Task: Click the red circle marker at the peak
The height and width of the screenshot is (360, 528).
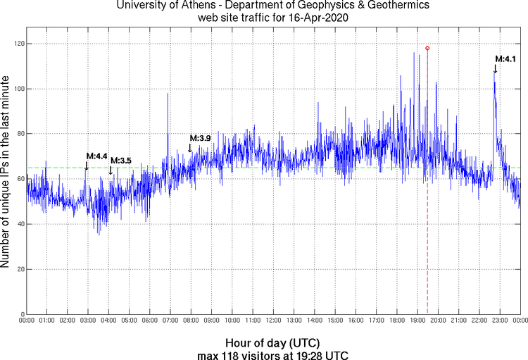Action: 427,48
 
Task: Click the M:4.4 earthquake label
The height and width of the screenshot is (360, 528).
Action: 96,156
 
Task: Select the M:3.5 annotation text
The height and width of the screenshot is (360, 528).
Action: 120,161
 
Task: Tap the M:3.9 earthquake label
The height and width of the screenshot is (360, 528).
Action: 200,138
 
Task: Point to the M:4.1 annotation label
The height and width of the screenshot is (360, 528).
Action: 505,59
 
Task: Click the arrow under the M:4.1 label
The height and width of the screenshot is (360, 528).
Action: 495,68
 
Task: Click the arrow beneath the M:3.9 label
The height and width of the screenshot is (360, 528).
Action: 190,148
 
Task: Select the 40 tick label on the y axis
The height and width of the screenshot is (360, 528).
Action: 18,224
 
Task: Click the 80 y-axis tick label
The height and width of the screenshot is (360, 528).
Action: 18,134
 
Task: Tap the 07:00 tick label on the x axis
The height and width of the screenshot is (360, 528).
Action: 170,321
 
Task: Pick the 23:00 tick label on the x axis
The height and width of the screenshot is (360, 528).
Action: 499,321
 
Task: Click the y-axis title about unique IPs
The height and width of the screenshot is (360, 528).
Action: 6,169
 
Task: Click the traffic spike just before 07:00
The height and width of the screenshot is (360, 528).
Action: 168,95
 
